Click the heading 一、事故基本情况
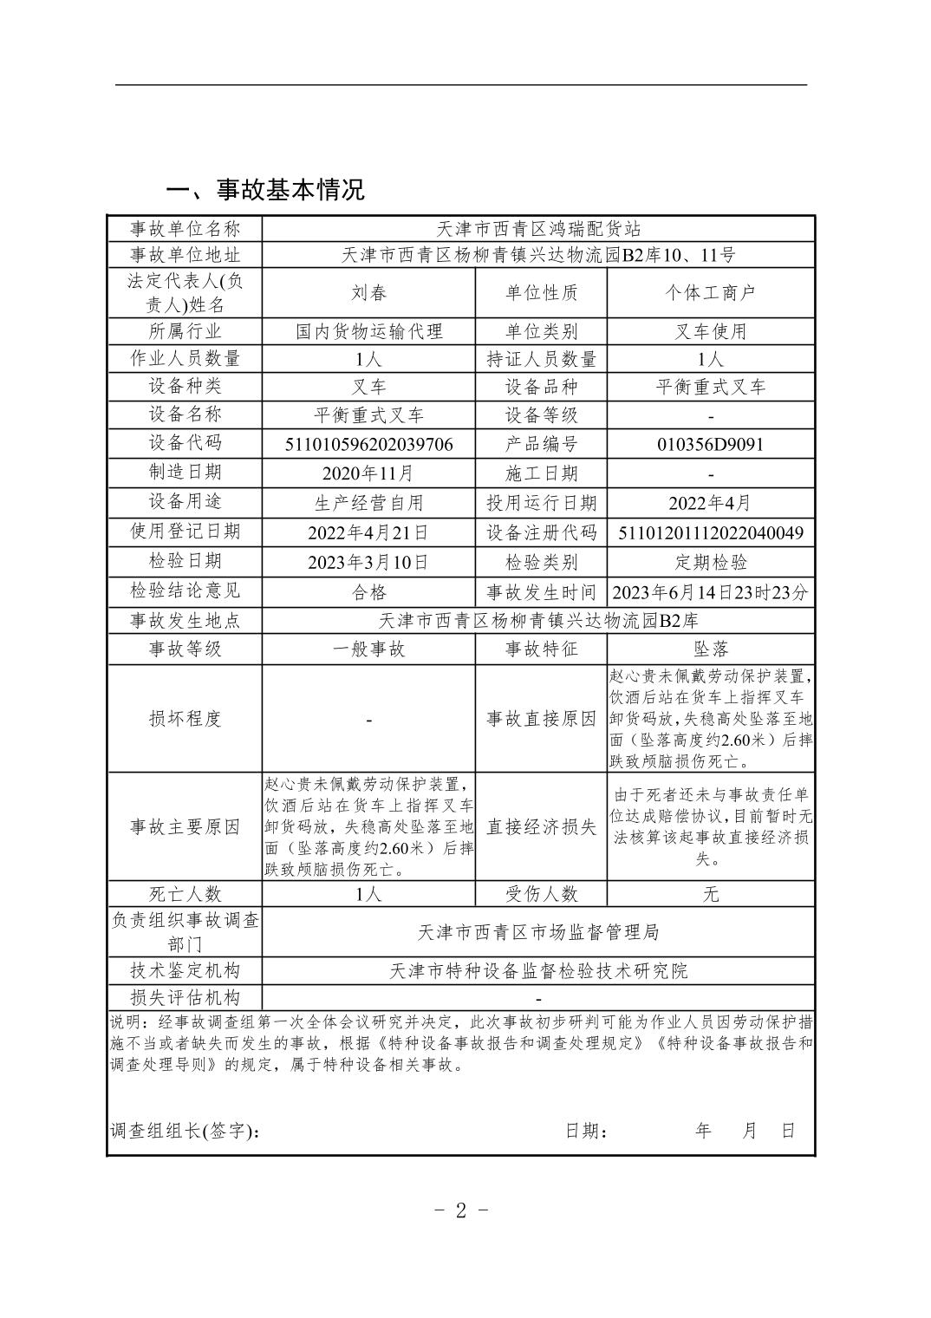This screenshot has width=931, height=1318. click(x=265, y=190)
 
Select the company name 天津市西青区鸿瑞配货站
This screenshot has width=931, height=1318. click(x=538, y=229)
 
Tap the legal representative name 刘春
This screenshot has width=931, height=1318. click(x=368, y=293)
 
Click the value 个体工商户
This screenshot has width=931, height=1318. click(x=710, y=293)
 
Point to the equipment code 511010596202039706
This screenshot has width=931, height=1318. click(x=368, y=444)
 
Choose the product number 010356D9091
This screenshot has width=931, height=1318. click(x=710, y=444)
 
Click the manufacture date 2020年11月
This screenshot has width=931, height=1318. click(x=368, y=473)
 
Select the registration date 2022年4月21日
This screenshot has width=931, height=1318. click(x=368, y=532)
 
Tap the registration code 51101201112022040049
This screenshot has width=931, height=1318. click(x=710, y=532)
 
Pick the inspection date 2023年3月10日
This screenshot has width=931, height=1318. click(x=368, y=562)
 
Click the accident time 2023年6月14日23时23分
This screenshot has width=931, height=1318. click(x=710, y=592)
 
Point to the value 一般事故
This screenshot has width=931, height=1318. click(x=368, y=649)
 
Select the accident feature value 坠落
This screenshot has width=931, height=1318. click(x=710, y=649)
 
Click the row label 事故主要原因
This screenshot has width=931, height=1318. click(x=185, y=827)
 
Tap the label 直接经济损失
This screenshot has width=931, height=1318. click(x=541, y=827)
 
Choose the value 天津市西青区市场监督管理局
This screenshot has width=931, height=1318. click(x=538, y=932)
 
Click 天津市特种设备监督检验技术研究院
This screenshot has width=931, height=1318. click(x=538, y=971)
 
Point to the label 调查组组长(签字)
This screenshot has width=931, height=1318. click(x=185, y=1132)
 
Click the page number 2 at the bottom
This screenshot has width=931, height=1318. click(x=461, y=1210)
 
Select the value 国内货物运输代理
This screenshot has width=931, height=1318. click(x=368, y=331)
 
